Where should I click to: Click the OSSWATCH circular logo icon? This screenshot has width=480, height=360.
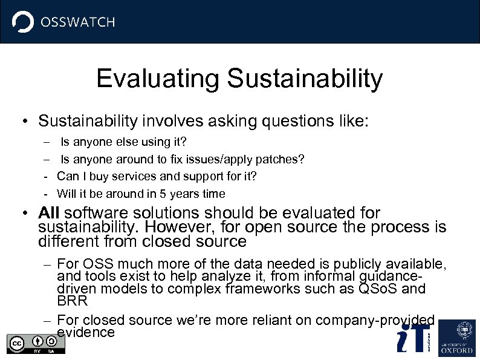click(23, 22)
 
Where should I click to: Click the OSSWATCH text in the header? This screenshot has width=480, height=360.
click(77, 22)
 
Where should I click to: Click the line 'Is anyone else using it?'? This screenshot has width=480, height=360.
click(123, 142)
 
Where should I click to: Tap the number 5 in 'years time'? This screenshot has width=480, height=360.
click(163, 194)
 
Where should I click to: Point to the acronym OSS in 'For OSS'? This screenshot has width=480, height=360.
click(96, 264)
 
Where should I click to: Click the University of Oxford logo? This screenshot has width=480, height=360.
click(457, 338)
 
